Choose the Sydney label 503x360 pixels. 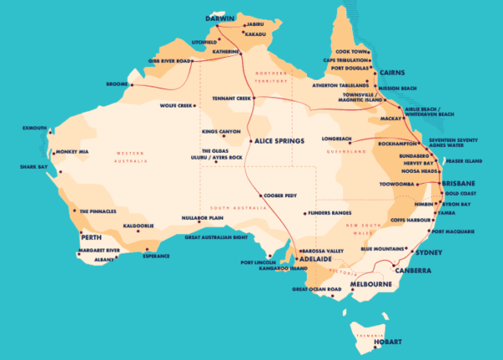(428, 252)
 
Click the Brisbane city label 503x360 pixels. (459, 183)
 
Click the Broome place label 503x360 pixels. (116, 85)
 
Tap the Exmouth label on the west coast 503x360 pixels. (35, 129)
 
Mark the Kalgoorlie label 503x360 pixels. (138, 226)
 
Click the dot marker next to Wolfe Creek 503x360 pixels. (195, 106)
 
